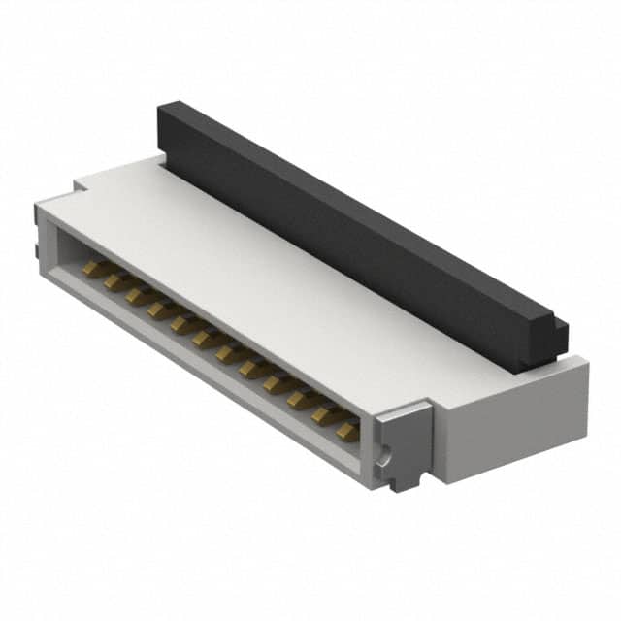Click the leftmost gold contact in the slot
[94, 266]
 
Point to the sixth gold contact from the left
[206, 340]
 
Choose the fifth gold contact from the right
[252, 370]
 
